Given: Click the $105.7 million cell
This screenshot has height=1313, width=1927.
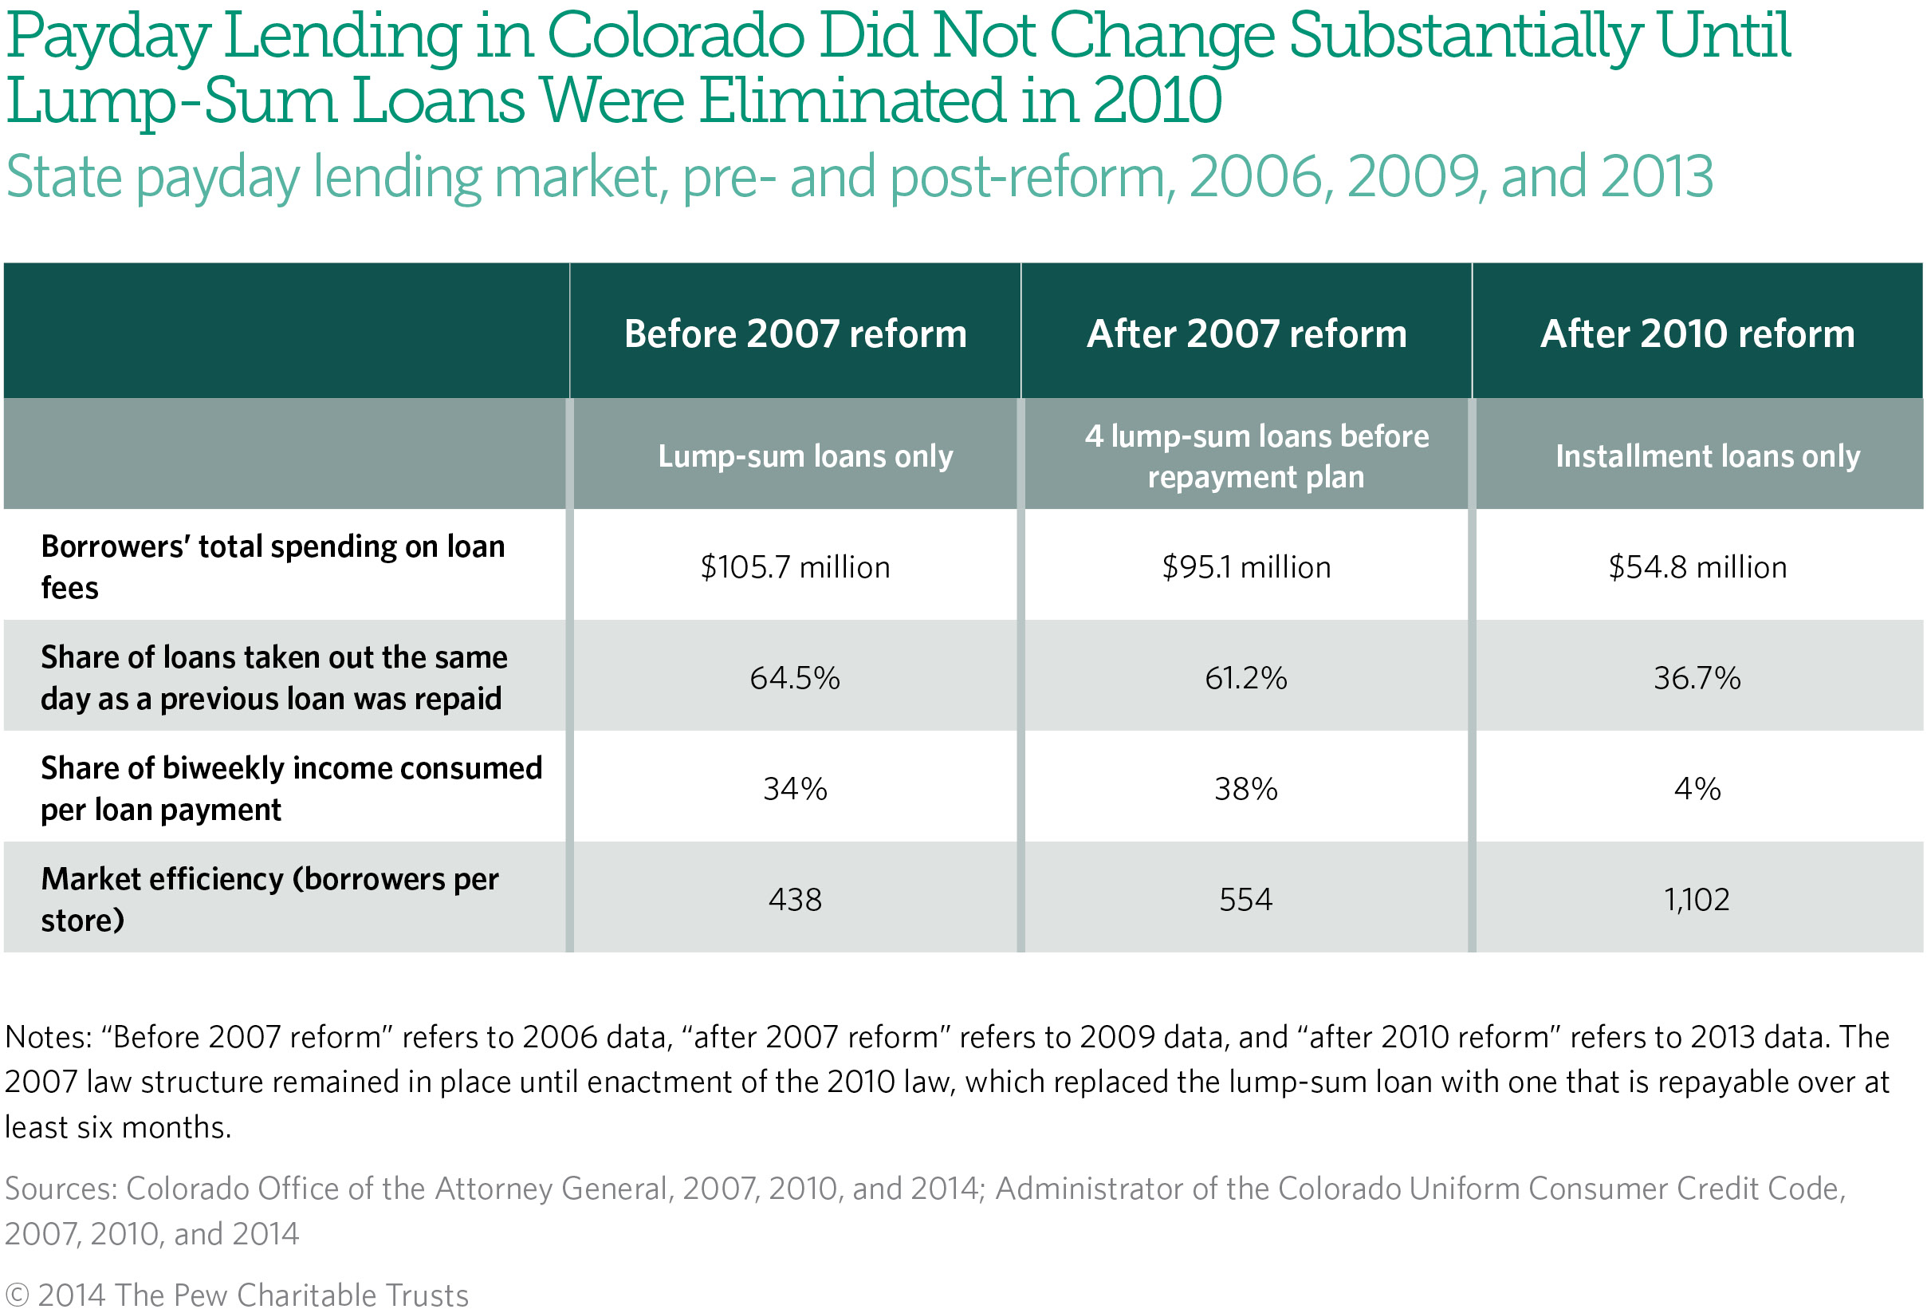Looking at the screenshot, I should pos(794,567).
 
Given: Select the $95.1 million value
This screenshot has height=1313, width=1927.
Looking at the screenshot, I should pos(1245,567).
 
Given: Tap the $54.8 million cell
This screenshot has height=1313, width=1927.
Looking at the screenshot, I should pos(1697,567).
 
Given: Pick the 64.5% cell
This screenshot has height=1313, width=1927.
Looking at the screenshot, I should pos(794,679).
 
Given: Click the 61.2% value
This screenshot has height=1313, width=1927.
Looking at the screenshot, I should pos(1245,679).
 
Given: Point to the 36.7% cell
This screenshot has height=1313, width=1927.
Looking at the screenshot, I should pos(1697,679).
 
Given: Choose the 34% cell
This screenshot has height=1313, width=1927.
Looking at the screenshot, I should pos(794,789).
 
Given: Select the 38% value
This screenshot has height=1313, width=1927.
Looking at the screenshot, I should pos(1245,789).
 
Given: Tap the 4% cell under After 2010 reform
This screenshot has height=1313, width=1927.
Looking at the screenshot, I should pos(1697,789).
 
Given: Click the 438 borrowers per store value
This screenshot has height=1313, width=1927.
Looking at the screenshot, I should pos(794,900).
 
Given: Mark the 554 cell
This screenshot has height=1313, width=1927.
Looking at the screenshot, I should pos(1245,900).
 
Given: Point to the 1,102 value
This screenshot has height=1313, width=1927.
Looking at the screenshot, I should pos(1697,900).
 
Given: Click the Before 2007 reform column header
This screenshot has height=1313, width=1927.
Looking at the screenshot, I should pos(794,334).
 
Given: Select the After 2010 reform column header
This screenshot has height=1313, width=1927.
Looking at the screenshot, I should pos(1697,334).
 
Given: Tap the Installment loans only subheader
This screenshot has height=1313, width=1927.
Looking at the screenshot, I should pos(1707,456).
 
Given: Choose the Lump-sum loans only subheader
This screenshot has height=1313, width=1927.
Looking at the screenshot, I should pos(805,456).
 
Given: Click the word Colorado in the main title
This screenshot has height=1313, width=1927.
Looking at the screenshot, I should pos(675,37).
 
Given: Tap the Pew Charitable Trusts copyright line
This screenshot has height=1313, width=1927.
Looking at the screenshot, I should pos(237,1295).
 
